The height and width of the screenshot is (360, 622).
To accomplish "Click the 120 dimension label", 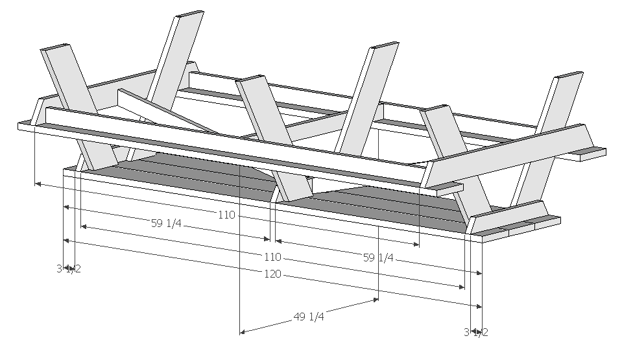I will coord(272,274).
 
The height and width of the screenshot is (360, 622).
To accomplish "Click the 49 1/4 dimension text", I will coord(309,317).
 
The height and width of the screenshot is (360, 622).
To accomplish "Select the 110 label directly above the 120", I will coord(273,257).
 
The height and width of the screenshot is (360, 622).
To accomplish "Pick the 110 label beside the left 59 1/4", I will coord(226,215).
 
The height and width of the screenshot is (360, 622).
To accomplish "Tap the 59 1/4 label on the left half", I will coord(167,224).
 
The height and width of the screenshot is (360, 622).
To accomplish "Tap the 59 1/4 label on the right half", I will coord(378,258).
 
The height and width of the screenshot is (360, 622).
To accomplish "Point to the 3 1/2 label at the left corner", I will coord(69,269).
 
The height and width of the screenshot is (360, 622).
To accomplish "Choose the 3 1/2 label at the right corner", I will coord(475,332).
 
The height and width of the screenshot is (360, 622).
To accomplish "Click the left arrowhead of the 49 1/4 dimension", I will coord(243,332).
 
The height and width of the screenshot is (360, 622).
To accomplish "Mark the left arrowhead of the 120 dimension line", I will coord(66,240).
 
